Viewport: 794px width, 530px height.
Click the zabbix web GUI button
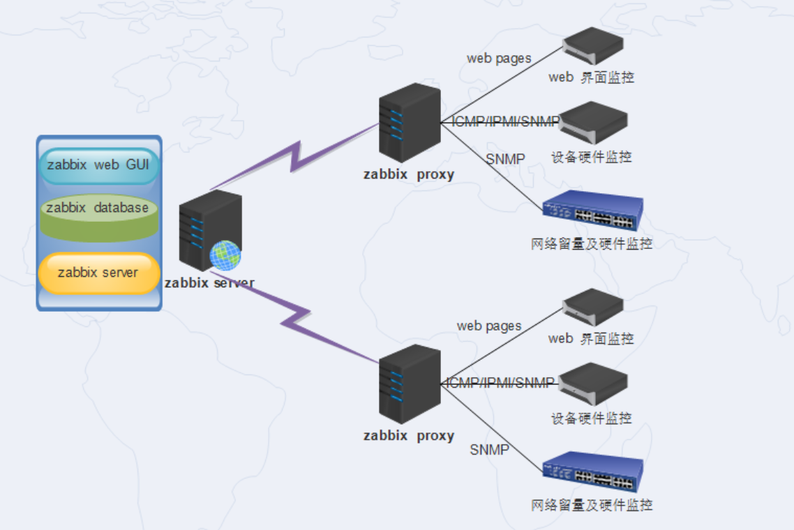tap(98, 166)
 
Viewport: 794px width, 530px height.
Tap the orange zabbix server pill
tap(98, 273)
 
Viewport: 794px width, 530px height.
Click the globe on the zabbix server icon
tap(225, 255)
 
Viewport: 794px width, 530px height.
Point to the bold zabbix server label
tap(209, 284)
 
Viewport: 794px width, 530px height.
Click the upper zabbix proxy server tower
tap(410, 123)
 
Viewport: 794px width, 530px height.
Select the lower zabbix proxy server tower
tap(410, 384)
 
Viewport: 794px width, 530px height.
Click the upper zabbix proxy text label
tap(408, 174)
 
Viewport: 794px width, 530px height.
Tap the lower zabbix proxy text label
tap(408, 436)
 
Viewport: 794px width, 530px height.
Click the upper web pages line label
tap(499, 59)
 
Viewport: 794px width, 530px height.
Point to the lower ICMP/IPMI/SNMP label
tap(500, 382)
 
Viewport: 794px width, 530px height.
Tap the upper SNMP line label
tap(506, 159)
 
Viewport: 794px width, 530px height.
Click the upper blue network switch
tap(593, 210)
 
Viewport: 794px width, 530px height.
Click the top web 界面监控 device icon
tap(593, 46)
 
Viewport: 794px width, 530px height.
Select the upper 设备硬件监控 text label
tap(592, 157)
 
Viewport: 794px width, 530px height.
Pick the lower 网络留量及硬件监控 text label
tap(592, 505)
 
